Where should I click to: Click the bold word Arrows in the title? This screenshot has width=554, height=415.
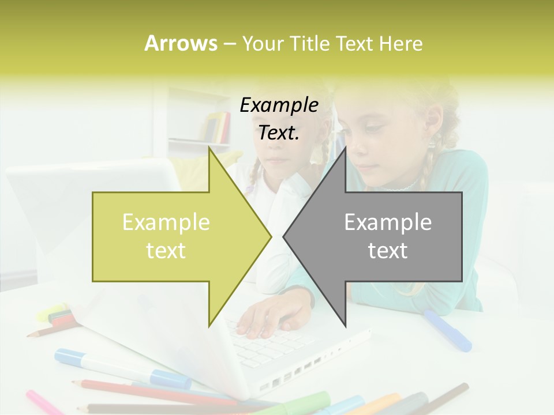pyautogui.click(x=181, y=43)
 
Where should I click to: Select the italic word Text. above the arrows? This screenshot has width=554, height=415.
pyautogui.click(x=279, y=133)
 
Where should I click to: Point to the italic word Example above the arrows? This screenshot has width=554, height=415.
pyautogui.click(x=279, y=105)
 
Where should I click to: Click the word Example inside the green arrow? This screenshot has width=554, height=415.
pyautogui.click(x=166, y=222)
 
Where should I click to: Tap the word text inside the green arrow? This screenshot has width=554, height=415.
pyautogui.click(x=166, y=251)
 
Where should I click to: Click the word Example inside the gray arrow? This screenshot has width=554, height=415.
pyautogui.click(x=388, y=222)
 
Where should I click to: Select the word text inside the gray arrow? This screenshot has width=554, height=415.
pyautogui.click(x=388, y=251)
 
